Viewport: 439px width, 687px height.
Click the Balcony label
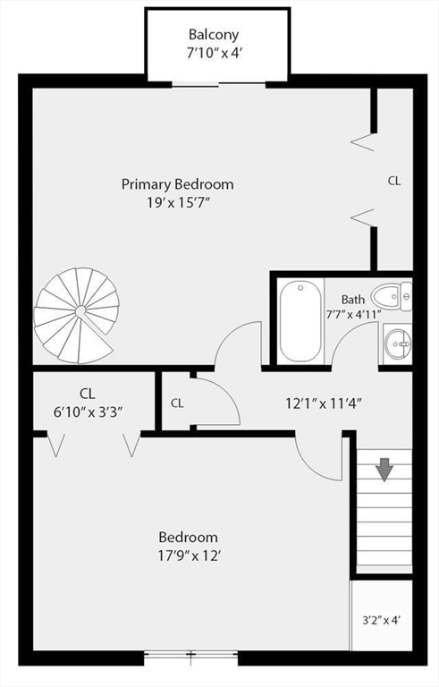click(217, 35)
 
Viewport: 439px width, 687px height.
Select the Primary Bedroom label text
click(177, 184)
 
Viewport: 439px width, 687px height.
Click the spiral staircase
click(77, 314)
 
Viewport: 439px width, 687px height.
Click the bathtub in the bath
click(300, 320)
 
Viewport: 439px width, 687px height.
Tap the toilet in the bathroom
click(391, 297)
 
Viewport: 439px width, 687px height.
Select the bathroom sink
click(397, 341)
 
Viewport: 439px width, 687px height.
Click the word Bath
click(352, 300)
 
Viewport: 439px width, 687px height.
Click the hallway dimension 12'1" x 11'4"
click(323, 403)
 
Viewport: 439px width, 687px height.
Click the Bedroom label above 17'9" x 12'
click(188, 538)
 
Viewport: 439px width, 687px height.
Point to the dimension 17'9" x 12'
click(188, 555)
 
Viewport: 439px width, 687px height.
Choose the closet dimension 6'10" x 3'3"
click(88, 411)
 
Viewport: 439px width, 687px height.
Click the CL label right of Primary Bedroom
click(393, 181)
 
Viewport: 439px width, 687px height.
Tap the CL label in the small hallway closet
click(177, 403)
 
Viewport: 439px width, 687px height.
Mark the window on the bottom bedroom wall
click(190, 656)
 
